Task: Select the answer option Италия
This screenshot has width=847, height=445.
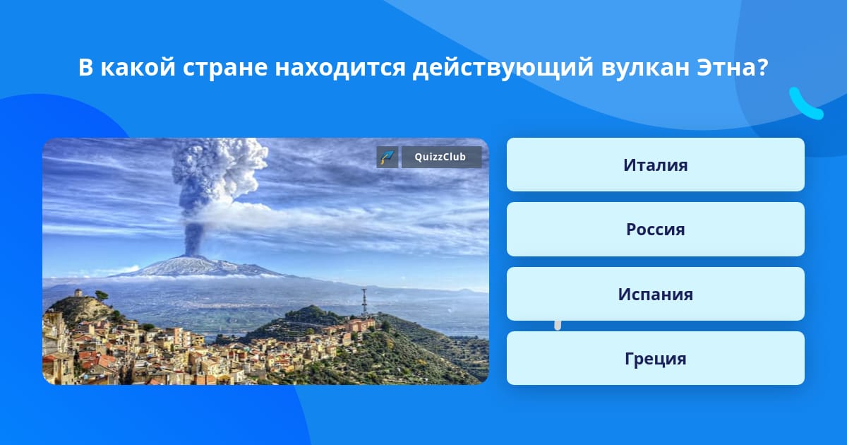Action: tap(655, 165)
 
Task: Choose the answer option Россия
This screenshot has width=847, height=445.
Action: tap(655, 229)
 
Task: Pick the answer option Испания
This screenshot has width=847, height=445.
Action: tap(655, 294)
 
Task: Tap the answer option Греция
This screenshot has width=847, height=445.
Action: tap(655, 358)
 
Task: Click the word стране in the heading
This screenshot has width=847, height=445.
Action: tap(225, 68)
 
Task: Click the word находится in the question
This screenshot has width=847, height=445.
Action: tap(340, 68)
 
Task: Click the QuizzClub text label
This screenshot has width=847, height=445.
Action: tap(440, 157)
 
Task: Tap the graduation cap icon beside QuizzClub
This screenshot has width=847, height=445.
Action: tap(388, 157)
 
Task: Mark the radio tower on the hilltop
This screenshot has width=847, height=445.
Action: tap(364, 302)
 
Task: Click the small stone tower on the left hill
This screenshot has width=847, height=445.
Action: tap(78, 292)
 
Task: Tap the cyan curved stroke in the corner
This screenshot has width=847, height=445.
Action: tap(805, 105)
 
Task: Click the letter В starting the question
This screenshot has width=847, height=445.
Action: tap(85, 67)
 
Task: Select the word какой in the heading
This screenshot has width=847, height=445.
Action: tap(138, 67)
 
